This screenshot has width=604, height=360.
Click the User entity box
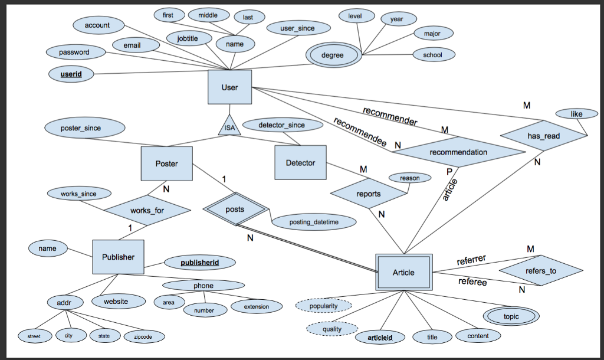point(229,87)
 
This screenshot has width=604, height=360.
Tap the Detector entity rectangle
point(300,162)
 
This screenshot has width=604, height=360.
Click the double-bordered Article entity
point(404,272)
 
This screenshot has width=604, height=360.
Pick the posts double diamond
point(235,210)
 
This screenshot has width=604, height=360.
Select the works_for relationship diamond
point(147,211)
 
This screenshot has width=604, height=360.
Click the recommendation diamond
point(458,152)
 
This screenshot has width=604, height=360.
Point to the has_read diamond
point(544,136)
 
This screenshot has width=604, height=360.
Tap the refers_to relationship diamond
point(540,271)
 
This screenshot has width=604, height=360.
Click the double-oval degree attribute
point(333,55)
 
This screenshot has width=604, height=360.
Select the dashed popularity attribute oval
point(323,306)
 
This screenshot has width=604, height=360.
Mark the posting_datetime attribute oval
point(315,222)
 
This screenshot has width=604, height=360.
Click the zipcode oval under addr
point(144,336)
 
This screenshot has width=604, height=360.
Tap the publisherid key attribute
point(199,261)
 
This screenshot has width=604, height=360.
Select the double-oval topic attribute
point(511,316)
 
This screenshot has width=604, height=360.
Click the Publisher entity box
point(118,257)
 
